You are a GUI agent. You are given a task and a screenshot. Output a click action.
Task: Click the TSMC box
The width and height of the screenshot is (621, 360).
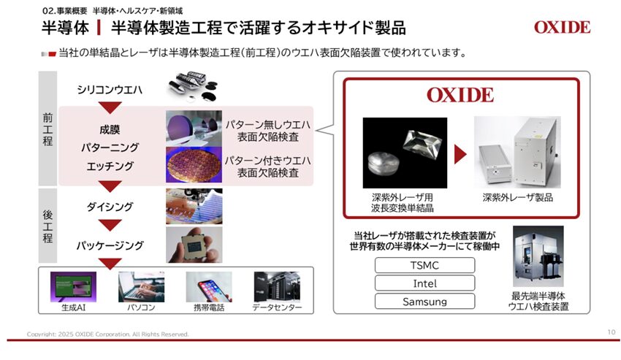pos(424,265)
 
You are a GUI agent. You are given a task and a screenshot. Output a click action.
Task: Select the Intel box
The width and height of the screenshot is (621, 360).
pos(424,283)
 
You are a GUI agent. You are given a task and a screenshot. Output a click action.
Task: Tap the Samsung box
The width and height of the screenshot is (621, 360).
pos(424,302)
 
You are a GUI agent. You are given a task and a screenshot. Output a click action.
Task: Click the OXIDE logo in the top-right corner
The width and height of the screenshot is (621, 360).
pos(562,27)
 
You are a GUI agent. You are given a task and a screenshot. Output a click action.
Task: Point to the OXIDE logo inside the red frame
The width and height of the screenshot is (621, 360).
pos(460,95)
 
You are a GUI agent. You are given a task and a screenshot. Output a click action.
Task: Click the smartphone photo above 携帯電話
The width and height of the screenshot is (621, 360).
pos(209,287)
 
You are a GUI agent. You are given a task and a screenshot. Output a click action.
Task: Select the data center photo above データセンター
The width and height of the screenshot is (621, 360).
pos(277,287)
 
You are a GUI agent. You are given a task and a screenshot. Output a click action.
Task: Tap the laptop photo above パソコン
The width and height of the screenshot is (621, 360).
pos(141,287)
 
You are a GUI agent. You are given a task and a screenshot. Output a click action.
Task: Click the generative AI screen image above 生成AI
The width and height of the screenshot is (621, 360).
pos(73,287)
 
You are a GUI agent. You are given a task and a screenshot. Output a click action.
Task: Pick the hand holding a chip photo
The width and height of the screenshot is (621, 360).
pos(194,245)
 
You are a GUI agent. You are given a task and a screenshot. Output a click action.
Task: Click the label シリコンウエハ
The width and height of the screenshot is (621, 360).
pos(110,90)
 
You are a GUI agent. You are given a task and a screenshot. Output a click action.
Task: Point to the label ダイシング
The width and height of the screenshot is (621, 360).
pos(110,207)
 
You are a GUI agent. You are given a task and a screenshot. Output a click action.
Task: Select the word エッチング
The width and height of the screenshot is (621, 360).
pos(110,166)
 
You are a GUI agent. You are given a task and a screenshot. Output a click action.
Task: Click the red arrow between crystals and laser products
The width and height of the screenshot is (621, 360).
pos(460,154)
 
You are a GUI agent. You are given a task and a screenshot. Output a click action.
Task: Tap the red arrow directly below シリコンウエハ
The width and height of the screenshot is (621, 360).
pos(110,107)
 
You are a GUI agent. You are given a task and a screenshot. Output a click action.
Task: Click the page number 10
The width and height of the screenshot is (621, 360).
pos(611,332)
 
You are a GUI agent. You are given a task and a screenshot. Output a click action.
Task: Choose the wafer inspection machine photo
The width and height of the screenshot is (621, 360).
pos(538,256)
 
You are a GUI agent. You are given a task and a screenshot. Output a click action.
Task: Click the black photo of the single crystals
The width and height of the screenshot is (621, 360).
pos(405,153)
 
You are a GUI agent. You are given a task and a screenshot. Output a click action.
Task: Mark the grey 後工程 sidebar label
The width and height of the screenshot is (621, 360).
pos(47,226)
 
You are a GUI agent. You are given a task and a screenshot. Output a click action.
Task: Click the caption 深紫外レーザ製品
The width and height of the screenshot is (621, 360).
pos(518,197)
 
